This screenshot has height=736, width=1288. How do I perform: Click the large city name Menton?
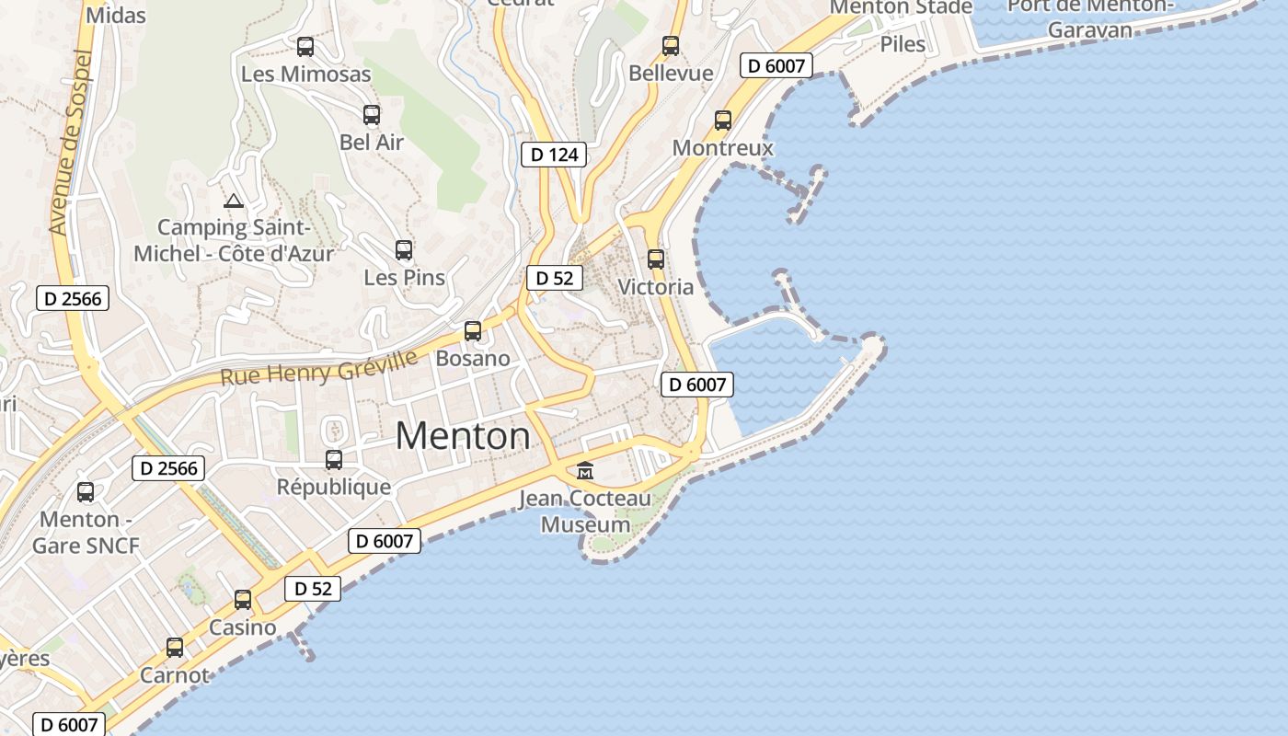coord(463,435)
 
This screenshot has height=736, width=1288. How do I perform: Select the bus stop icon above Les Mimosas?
coord(305,47)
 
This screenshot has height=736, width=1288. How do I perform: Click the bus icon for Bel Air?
coord(372,115)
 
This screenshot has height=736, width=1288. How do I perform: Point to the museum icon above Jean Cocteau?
coord(584,471)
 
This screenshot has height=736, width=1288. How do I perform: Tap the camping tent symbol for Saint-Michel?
coord(234,201)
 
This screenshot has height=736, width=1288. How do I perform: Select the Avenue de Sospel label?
coord(70,142)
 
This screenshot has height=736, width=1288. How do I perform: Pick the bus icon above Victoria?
coord(655,259)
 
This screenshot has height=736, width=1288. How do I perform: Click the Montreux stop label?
coord(722,147)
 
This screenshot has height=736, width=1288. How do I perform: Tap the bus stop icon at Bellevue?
coord(671,46)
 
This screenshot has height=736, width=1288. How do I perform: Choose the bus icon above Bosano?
coord(473,331)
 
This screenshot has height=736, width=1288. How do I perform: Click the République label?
coord(334,487)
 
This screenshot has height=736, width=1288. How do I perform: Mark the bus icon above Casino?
coord(243,600)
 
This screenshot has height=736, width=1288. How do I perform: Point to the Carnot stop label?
coord(175,674)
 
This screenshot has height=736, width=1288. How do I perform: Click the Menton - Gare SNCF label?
coord(86,532)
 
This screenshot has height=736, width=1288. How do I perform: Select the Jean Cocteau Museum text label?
coord(585,512)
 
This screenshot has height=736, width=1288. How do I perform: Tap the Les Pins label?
coord(404,277)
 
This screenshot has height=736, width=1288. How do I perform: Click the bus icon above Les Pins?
coord(404,249)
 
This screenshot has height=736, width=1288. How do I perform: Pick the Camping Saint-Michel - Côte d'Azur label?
coord(234,240)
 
